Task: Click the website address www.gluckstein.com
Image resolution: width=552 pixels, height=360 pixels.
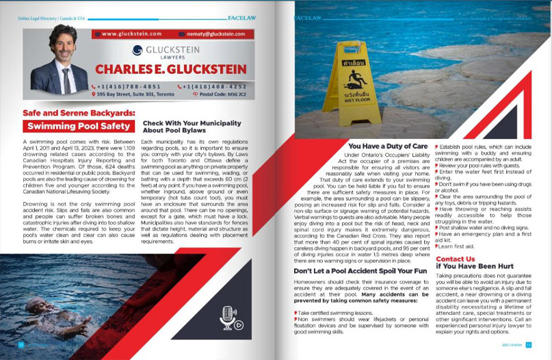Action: click(131, 33)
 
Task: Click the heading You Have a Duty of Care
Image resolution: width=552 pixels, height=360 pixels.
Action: click(389, 146)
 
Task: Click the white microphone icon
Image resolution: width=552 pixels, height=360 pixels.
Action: click(226, 317)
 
